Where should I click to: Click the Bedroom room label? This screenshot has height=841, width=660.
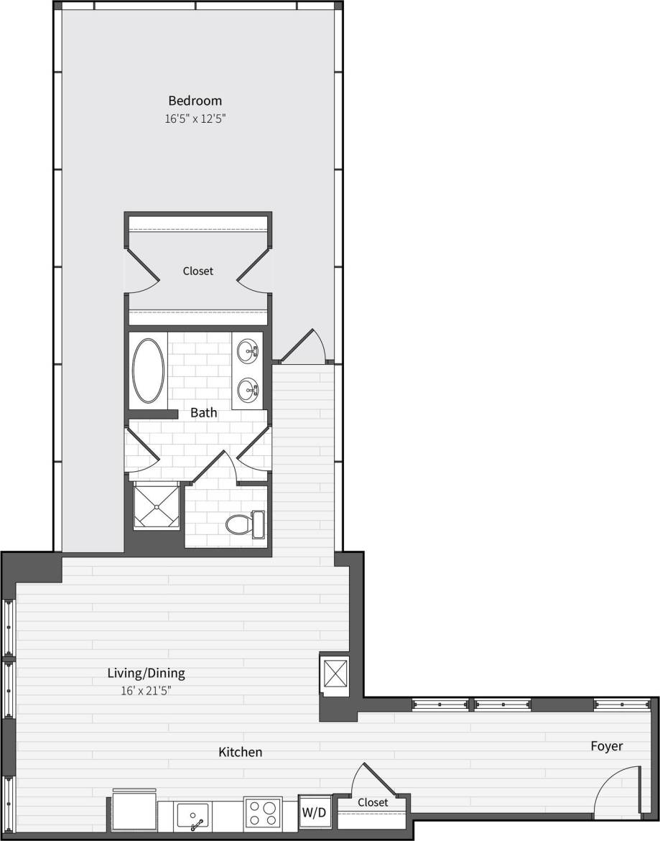pyautogui.click(x=195, y=101)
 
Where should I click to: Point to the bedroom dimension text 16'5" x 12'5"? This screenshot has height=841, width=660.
pyautogui.click(x=195, y=119)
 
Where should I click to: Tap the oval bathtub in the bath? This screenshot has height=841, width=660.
pyautogui.click(x=148, y=371)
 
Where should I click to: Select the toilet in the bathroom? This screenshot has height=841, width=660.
pyautogui.click(x=244, y=524)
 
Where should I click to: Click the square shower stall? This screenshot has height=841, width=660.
pyautogui.click(x=155, y=506)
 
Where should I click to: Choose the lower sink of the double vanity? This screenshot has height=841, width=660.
pyautogui.click(x=248, y=391)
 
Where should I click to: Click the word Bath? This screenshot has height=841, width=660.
pyautogui.click(x=203, y=413)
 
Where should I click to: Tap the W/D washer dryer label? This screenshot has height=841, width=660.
pyautogui.click(x=315, y=812)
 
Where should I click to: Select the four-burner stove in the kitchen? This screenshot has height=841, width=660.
pyautogui.click(x=261, y=813)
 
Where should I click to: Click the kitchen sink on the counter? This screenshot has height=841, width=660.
pyautogui.click(x=192, y=817)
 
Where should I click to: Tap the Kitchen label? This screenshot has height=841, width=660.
pyautogui.click(x=240, y=752)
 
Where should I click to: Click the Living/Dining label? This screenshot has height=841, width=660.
pyautogui.click(x=146, y=673)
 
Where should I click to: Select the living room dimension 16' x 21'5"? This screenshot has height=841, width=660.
pyautogui.click(x=146, y=691)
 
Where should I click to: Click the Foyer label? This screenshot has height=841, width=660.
pyautogui.click(x=606, y=746)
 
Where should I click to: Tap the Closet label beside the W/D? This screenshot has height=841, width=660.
pyautogui.click(x=373, y=802)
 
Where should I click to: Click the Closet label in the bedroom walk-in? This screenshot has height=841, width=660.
pyautogui.click(x=197, y=271)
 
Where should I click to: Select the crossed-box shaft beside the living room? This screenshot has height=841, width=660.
pyautogui.click(x=335, y=674)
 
